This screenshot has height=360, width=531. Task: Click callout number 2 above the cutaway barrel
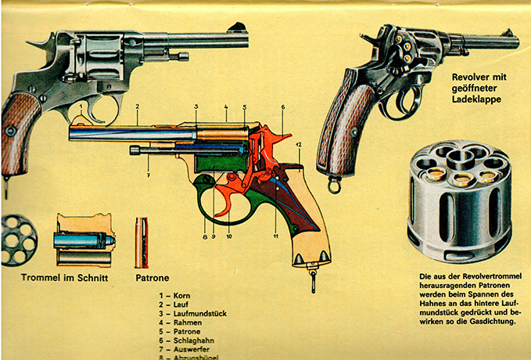click(137, 106)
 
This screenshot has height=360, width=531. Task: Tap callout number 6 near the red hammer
click(282, 106)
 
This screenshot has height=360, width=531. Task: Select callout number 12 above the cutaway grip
click(299, 146)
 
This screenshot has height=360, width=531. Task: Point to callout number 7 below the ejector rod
click(148, 165)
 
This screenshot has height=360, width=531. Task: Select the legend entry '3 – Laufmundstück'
click(192, 313)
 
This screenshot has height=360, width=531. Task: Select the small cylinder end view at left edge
click(18, 239)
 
